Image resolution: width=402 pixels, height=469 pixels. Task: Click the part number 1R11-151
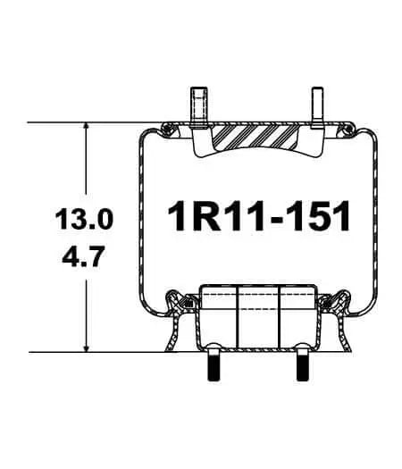click(x=259, y=216)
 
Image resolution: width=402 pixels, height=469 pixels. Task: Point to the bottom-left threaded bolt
click(x=215, y=367)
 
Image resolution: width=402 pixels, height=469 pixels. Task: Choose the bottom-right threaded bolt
click(x=301, y=367)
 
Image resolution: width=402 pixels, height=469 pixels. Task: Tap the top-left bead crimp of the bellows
click(x=166, y=133)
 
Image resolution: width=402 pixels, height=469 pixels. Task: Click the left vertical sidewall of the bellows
click(x=138, y=219)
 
